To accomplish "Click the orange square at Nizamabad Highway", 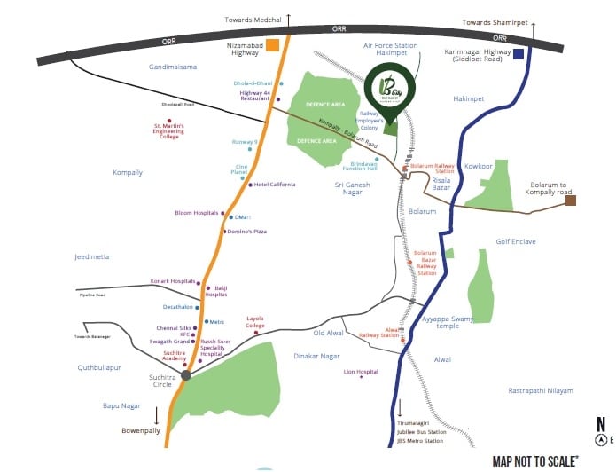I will [276, 43].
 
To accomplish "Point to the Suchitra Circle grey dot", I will [185, 376].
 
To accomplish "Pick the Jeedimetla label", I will [93, 256].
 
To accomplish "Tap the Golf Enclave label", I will [516, 241].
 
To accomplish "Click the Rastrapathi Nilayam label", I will [541, 390].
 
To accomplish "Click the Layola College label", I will [255, 321].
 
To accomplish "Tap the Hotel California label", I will [274, 185].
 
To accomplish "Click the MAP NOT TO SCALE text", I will [535, 460].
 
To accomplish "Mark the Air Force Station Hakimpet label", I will [390, 49].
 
